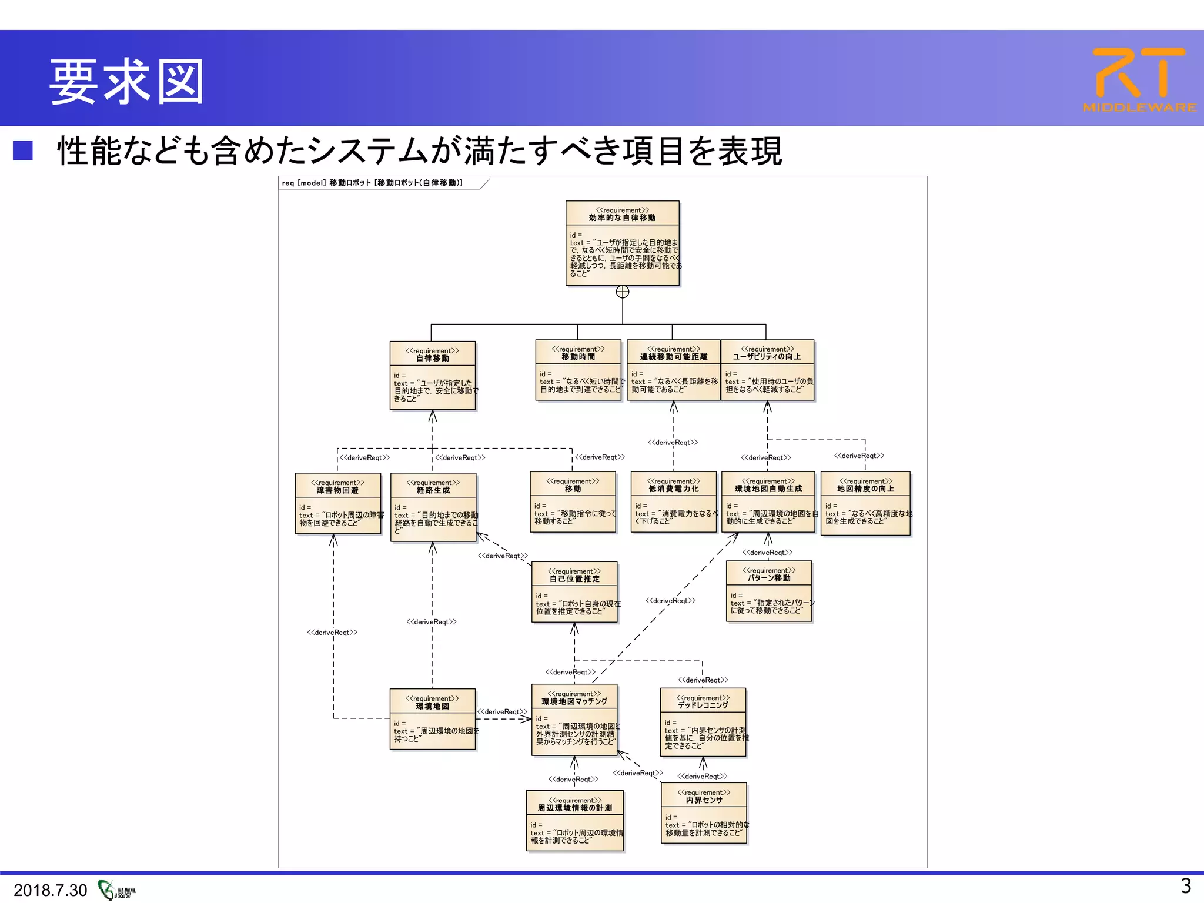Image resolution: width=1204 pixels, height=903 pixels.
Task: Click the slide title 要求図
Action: click(x=127, y=82)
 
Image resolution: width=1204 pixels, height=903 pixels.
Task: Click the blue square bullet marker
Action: click(x=23, y=150)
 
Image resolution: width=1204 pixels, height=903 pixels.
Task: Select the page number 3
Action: click(x=1186, y=886)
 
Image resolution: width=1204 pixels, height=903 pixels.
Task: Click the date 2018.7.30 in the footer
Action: click(x=50, y=890)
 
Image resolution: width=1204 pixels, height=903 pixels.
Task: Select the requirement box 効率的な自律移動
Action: click(x=622, y=243)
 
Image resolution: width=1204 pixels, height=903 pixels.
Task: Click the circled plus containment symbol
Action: click(x=623, y=292)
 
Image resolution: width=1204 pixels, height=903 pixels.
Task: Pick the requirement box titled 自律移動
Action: click(x=433, y=375)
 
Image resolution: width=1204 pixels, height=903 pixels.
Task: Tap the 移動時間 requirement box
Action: click(x=578, y=370)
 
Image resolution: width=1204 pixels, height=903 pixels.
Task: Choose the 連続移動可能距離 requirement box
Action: click(x=673, y=370)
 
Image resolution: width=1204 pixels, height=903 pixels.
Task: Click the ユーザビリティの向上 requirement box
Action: click(x=767, y=370)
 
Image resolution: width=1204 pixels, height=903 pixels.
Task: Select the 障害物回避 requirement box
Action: click(x=338, y=503)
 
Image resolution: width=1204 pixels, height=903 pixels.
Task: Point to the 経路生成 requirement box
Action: click(x=433, y=507)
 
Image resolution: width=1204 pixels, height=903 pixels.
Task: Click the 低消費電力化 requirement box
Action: click(x=674, y=501)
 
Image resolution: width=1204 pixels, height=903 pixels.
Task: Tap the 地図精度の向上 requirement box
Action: click(x=865, y=503)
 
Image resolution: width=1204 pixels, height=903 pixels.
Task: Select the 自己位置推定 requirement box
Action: click(x=574, y=591)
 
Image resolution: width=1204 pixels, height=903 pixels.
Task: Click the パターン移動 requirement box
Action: click(x=769, y=591)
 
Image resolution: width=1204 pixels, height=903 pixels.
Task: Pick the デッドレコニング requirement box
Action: click(x=703, y=722)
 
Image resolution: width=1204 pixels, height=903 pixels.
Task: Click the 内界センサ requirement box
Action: click(x=704, y=812)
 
